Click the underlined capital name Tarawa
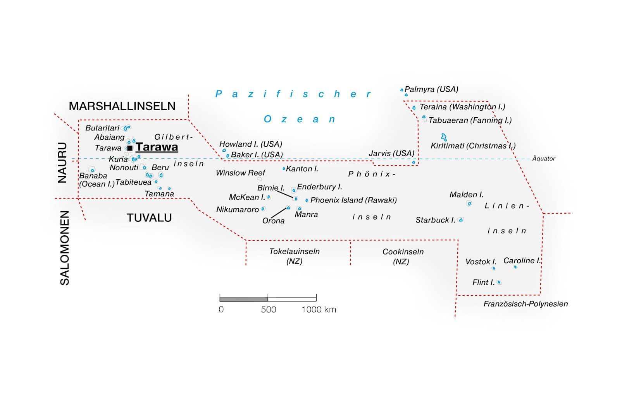coord(157,147)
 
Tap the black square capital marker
coord(130,148)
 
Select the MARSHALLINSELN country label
coord(122,106)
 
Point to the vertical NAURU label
coord(62,163)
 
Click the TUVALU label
coord(149,218)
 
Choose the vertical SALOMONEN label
coord(64,248)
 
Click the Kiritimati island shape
coord(444,137)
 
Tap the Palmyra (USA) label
coord(431,89)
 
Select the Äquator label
coord(544,159)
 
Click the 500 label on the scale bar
coord(269,310)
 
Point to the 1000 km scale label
coord(319,310)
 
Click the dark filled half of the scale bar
coord(244,299)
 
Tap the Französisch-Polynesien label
coord(526,304)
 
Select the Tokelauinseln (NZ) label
coord(295,256)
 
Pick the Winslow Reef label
coord(241,173)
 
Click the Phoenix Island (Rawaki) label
coord(353,200)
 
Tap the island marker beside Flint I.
coord(499,283)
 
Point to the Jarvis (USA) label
coord(391,153)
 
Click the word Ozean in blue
coord(300,119)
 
